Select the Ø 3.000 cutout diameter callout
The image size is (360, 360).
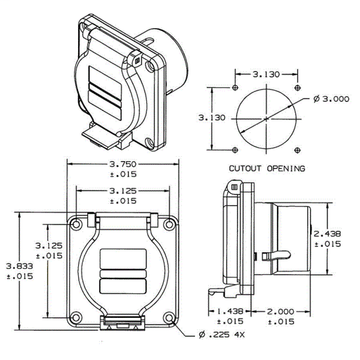(x=331, y=99)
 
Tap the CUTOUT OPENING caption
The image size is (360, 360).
(x=267, y=168)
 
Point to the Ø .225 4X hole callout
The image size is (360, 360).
(x=221, y=335)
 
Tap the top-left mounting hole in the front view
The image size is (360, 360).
(x=76, y=224)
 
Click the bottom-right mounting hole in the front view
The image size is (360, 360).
(x=169, y=318)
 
